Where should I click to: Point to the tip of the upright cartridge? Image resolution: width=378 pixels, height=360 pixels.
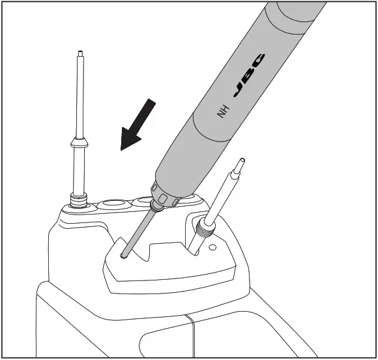[x=78, y=53]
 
